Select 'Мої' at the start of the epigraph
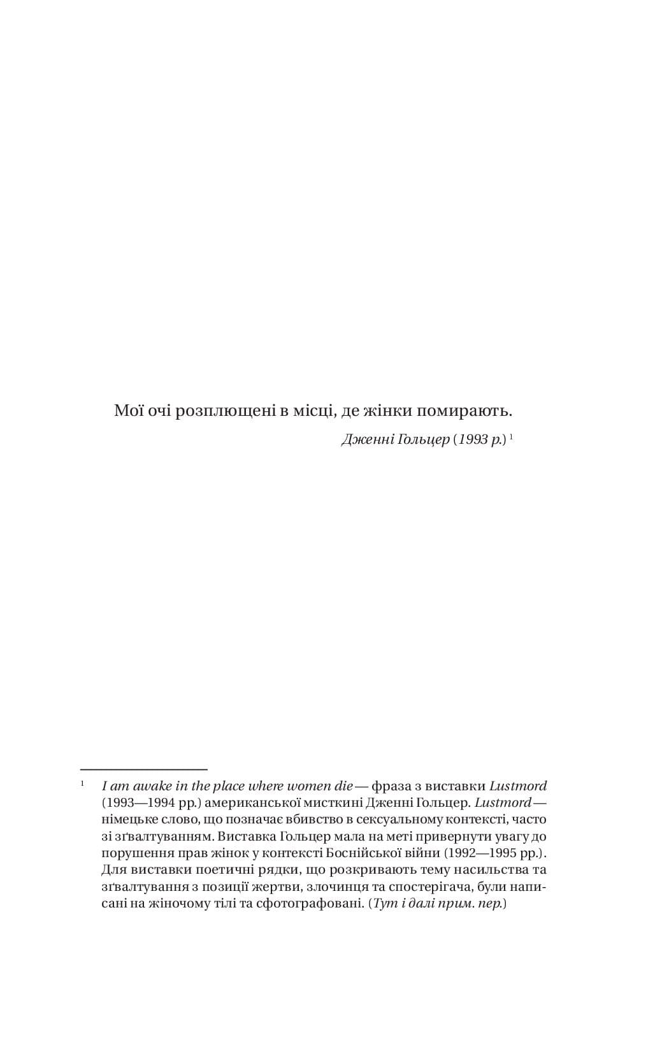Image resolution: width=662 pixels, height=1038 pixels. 127,411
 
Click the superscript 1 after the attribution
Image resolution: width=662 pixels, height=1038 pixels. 512,437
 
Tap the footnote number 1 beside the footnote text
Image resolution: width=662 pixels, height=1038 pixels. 82,783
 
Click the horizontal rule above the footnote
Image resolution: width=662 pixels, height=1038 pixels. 144,770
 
